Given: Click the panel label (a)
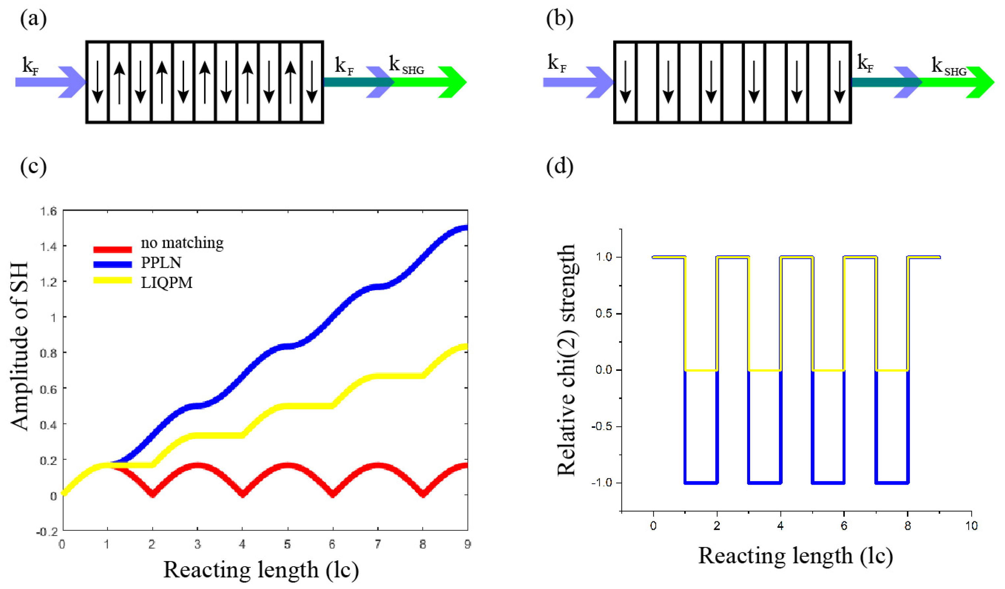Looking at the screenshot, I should pyautogui.click(x=33, y=19).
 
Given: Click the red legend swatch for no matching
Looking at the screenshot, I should pyautogui.click(x=113, y=249).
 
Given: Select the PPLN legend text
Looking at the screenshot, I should pyautogui.click(x=161, y=262).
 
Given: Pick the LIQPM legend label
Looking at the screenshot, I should pyautogui.click(x=167, y=282).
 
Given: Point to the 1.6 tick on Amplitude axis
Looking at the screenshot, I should pyautogui.click(x=48, y=211).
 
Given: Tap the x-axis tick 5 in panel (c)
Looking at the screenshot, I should pyautogui.click(x=287, y=544).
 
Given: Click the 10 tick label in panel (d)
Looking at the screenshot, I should pyautogui.click(x=971, y=526).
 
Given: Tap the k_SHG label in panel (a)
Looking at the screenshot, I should pyautogui.click(x=406, y=65).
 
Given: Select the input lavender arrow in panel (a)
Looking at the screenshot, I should pyautogui.click(x=50, y=82).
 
